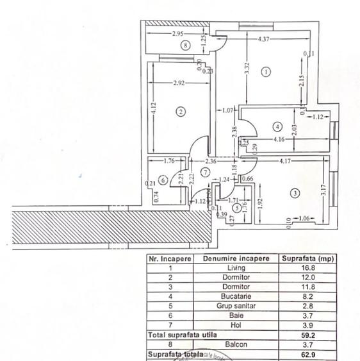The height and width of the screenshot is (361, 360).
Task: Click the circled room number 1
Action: click(x=266, y=72)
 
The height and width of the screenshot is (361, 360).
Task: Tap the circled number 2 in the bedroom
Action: click(x=181, y=112)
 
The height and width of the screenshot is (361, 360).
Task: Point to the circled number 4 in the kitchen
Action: click(x=277, y=125)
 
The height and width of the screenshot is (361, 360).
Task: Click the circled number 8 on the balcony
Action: click(x=185, y=45)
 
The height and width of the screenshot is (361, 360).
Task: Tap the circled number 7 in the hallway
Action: click(x=204, y=172)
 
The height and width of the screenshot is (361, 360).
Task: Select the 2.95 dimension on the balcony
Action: click(x=178, y=33)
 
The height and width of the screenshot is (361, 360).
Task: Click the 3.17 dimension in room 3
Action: click(x=323, y=190)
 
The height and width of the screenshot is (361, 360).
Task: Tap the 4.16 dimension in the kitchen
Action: click(x=278, y=139)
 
